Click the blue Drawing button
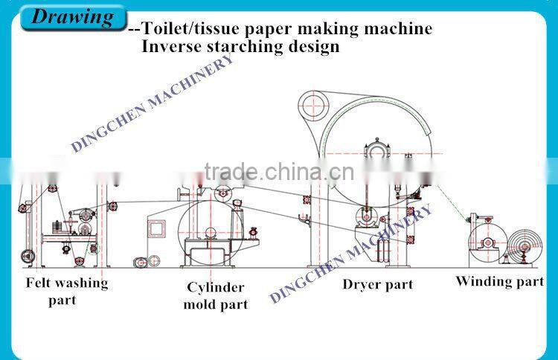[72, 16]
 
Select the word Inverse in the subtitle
[170, 47]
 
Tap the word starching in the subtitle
[241, 48]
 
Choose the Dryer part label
[377, 284]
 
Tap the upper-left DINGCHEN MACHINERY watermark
[153, 104]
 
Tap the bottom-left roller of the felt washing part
[28, 257]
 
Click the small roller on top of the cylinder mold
[221, 195]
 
